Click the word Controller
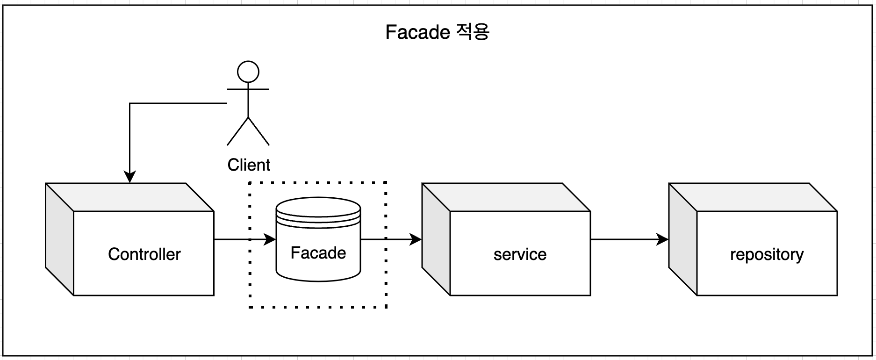click(144, 254)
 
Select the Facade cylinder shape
click(318, 262)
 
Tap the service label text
click(520, 254)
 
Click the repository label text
click(767, 254)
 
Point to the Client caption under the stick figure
click(249, 165)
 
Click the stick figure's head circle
click(248, 72)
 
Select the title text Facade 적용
click(437, 32)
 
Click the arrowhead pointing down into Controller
click(129, 177)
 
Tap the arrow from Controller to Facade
click(243, 239)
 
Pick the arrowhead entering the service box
click(416, 239)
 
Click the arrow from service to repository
click(629, 239)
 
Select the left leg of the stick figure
click(237, 131)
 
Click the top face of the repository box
click(753, 197)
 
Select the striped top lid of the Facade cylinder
click(318, 213)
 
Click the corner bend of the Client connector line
click(130, 103)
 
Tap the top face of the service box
click(506, 197)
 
